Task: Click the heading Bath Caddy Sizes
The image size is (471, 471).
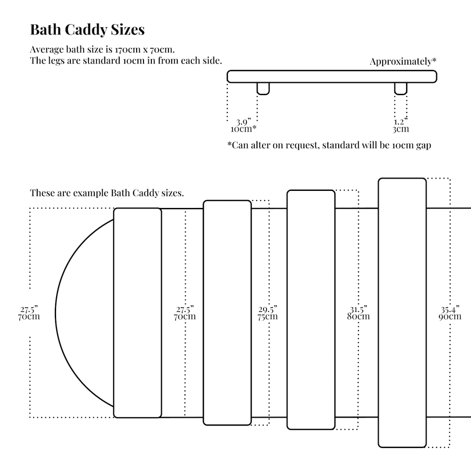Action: coord(87,30)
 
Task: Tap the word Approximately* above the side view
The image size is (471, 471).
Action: coord(403,62)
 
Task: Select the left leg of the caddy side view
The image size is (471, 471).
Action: coord(263,88)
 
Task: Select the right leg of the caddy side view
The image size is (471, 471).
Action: coord(401,88)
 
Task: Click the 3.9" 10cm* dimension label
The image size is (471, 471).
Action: coord(243,125)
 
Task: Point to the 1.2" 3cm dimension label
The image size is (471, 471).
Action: coord(401,125)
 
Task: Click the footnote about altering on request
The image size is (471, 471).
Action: coord(329,145)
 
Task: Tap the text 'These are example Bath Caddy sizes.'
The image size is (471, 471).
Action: coord(107,193)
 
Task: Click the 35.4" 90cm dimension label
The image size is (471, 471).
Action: coord(450,313)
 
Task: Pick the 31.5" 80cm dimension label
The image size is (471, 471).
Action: coord(359,313)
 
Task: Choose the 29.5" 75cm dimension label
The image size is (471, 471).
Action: coord(268,313)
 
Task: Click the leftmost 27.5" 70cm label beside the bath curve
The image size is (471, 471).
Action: coord(29,313)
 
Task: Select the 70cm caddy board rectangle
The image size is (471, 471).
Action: coord(138,313)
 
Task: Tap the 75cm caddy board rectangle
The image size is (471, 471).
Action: coord(227,313)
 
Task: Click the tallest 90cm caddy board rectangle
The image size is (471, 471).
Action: coord(402,313)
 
